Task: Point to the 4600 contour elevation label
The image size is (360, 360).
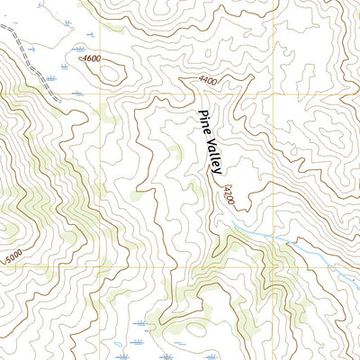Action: pos(91,59)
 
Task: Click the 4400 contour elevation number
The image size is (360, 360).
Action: pos(209,82)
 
